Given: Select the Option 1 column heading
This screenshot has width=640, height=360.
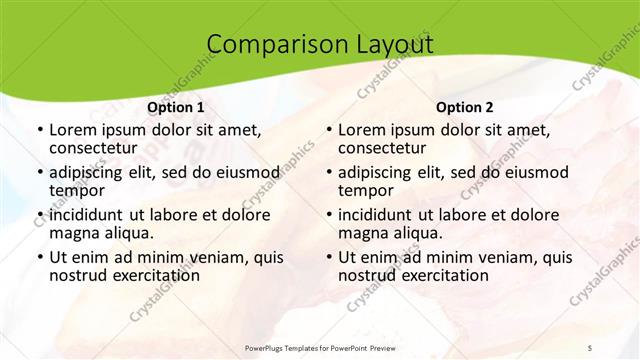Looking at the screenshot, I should pyautogui.click(x=176, y=107).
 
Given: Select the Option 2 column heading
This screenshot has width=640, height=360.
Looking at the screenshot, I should pyautogui.click(x=465, y=107).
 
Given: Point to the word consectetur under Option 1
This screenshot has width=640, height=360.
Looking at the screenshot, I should pyautogui.click(x=96, y=149).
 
